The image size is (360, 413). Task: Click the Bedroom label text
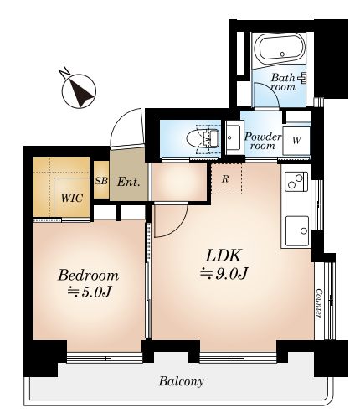coord(88,276)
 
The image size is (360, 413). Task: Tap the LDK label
coord(224,256)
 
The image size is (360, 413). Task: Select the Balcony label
coord(181,381)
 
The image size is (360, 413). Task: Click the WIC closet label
coord(72,198)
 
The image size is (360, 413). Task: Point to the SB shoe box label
coord(101,181)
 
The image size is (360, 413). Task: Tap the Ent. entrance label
coord(128,182)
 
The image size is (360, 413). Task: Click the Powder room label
coord(263,141)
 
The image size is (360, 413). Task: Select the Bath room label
coord(284,82)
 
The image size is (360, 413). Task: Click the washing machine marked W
coord(296,141)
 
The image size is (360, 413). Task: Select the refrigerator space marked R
coord(226,178)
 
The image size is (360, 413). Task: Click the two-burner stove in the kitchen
coord(296,182)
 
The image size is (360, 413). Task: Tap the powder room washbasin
coord(234,138)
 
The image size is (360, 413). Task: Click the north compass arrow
coord(81,93)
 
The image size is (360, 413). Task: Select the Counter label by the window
coord(319,303)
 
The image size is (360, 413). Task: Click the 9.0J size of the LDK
coord(224,273)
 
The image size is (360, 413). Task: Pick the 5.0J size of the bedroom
coord(90,292)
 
